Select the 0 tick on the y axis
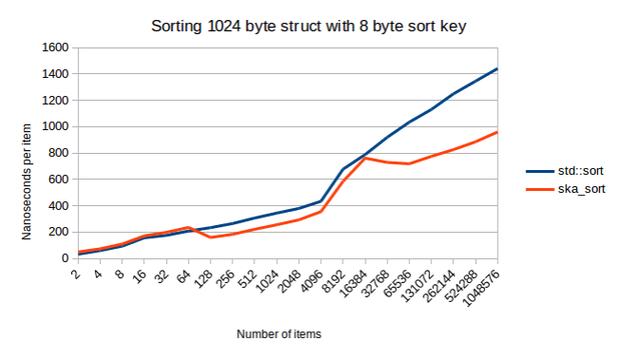click(x=65, y=258)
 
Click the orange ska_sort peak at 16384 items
click(x=365, y=158)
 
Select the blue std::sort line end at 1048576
click(x=496, y=68)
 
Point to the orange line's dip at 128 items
click(x=210, y=237)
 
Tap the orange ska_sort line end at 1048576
click(x=496, y=132)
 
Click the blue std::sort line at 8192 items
click(x=343, y=169)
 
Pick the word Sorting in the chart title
click(x=177, y=25)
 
